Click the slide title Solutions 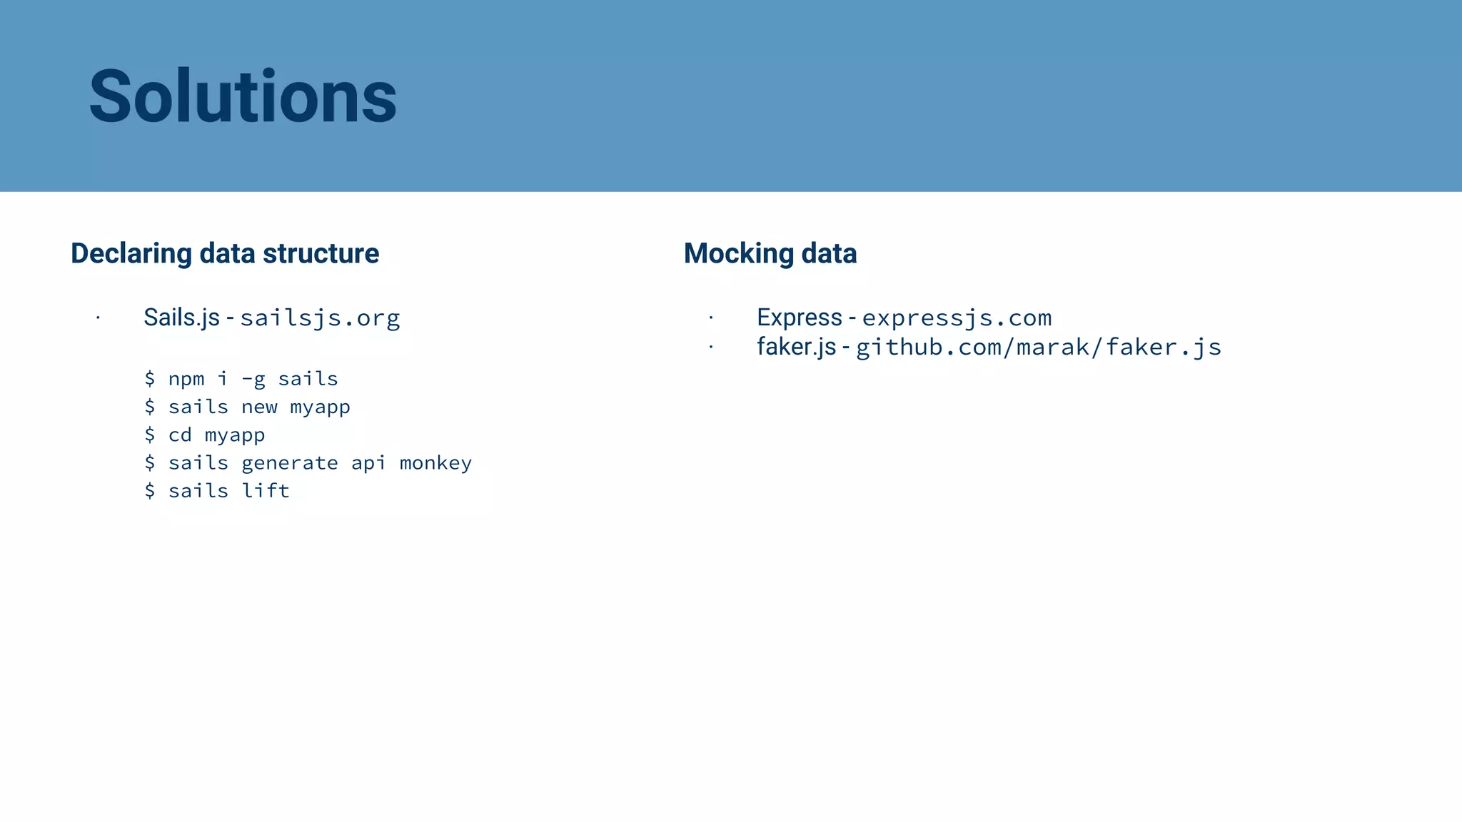243,96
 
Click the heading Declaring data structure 225,253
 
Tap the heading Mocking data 770,253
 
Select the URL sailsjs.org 320,318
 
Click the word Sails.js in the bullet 181,318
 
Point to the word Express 800,318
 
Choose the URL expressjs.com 957,318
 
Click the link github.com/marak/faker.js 1039,347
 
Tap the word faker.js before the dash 796,347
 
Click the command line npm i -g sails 241,379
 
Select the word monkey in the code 435,463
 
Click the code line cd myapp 205,435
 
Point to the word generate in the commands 290,464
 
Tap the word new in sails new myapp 259,407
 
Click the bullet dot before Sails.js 98,318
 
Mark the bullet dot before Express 711,318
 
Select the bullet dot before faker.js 711,347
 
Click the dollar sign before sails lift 150,491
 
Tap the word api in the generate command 368,464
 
